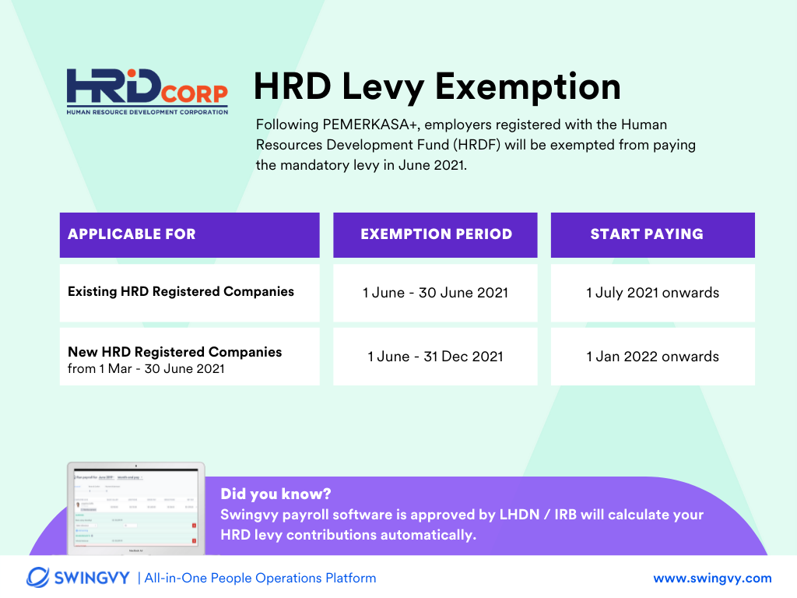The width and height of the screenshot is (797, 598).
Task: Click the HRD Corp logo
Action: click(x=147, y=91)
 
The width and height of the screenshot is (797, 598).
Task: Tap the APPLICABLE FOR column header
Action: click(x=132, y=234)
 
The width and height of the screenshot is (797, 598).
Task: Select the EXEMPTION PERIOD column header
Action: click(x=436, y=234)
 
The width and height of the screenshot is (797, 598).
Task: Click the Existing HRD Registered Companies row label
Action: click(x=181, y=292)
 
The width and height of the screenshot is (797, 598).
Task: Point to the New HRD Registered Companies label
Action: click(x=174, y=352)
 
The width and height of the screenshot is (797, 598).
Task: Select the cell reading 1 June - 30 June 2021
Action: click(x=435, y=293)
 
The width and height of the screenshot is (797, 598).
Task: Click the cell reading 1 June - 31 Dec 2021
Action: click(x=435, y=357)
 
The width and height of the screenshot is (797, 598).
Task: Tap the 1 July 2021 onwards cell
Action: click(x=652, y=293)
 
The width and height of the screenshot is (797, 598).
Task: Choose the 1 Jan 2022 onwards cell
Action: click(x=652, y=357)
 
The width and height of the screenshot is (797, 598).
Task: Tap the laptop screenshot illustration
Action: click(x=135, y=508)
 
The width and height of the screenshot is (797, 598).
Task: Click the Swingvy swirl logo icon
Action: click(x=39, y=578)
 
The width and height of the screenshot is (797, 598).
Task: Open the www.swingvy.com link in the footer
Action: click(x=712, y=578)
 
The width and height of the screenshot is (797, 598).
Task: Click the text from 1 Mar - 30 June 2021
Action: click(x=146, y=369)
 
